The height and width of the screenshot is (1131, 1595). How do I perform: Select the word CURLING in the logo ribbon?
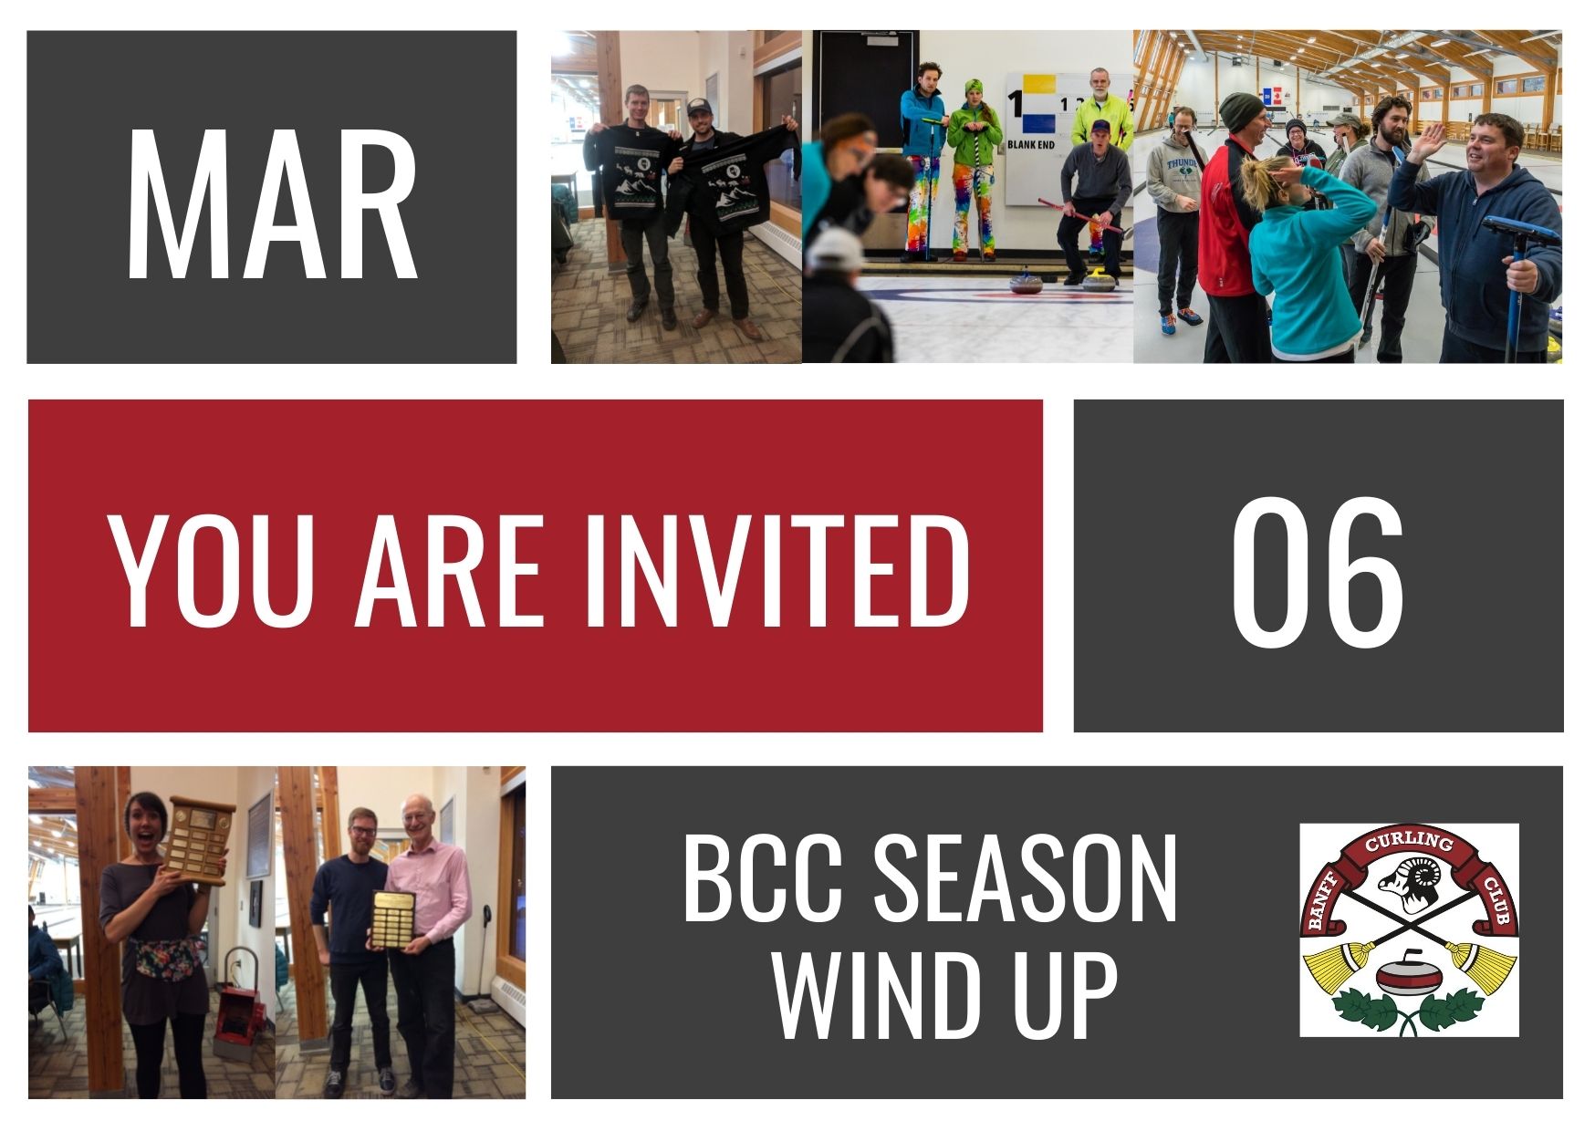tap(1408, 843)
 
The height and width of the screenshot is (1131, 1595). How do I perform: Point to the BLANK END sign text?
tap(1031, 144)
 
